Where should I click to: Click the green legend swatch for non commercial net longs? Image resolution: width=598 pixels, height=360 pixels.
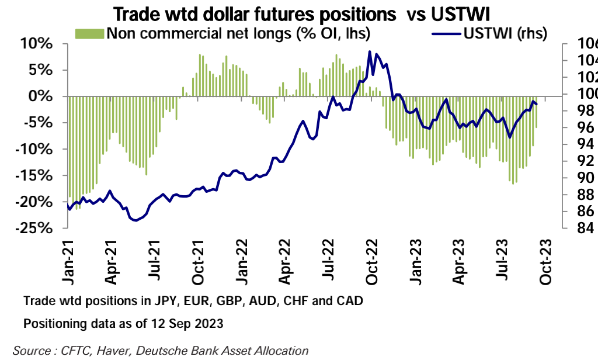(x=89, y=33)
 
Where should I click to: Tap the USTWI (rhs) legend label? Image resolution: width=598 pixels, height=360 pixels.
(x=505, y=33)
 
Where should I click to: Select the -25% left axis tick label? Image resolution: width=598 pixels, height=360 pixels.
(x=34, y=228)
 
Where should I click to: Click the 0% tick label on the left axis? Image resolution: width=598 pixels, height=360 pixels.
(x=44, y=96)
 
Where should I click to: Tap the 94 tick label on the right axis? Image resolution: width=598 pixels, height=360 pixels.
(x=578, y=144)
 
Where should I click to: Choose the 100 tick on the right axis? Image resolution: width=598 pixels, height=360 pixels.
(x=579, y=94)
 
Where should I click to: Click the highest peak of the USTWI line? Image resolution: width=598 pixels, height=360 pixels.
(x=370, y=51)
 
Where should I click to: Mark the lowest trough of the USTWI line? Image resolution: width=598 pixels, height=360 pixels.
(x=135, y=220)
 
